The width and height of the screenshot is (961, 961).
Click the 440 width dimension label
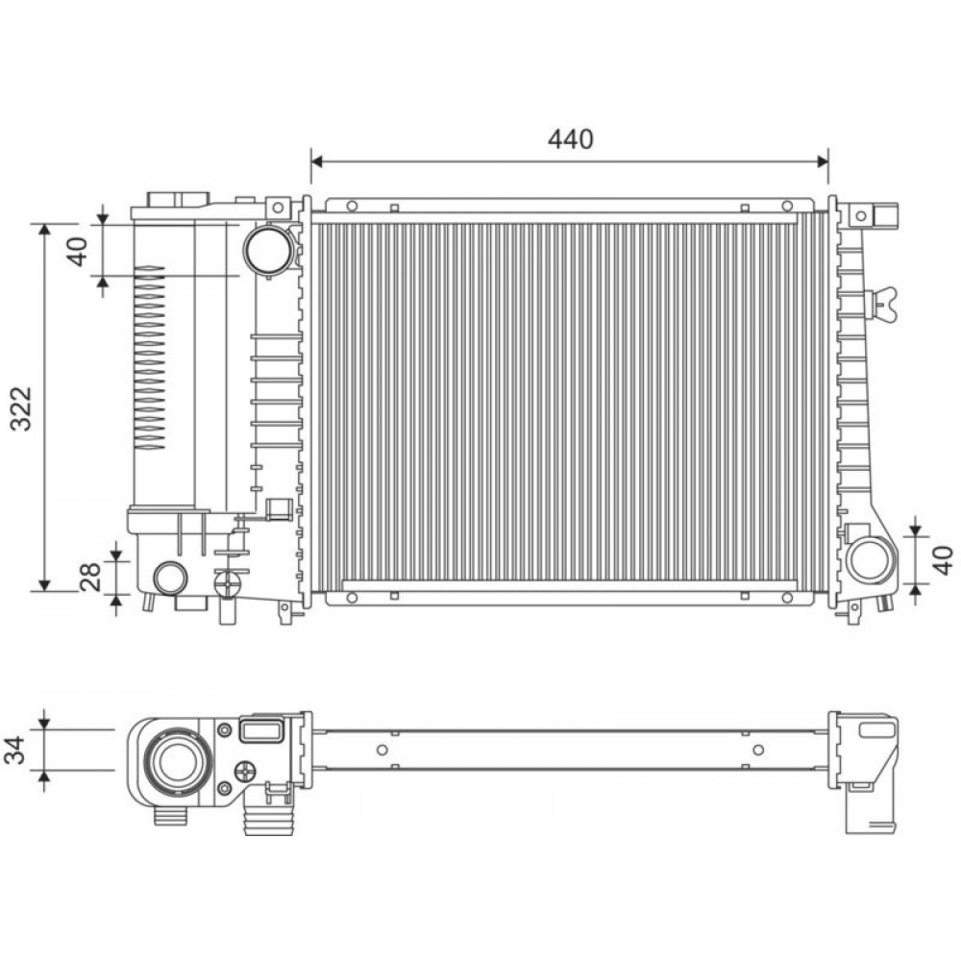pos(571,139)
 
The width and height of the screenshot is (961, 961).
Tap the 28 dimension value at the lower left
pos(89,577)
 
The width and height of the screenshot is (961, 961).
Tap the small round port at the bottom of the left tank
pos(171,578)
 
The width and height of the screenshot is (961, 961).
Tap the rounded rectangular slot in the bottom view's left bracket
pos(261,732)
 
